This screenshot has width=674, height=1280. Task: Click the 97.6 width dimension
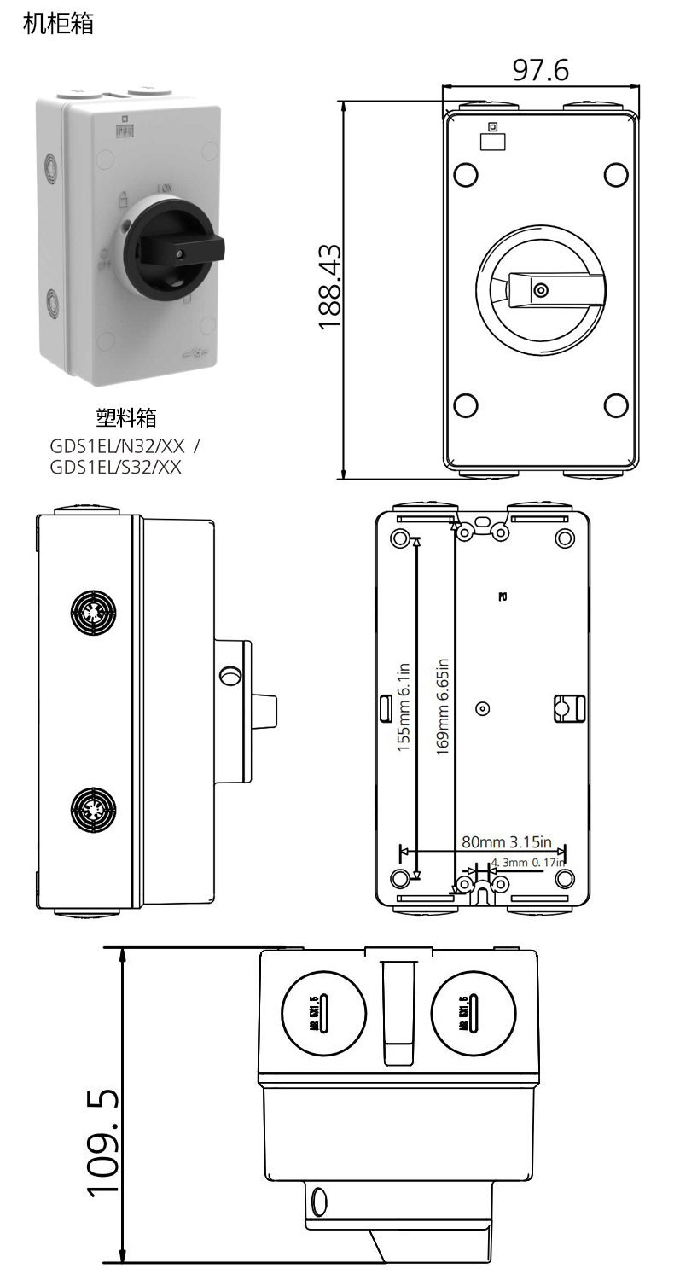point(540,70)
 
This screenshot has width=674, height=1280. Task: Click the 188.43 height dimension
point(329,288)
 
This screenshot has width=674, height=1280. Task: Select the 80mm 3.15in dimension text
point(507,841)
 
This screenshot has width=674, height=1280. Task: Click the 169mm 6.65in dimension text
point(441,707)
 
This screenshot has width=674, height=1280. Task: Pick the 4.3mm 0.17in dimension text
point(528,863)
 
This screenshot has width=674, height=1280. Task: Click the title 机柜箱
point(58,24)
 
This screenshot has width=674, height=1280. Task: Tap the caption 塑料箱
point(126,417)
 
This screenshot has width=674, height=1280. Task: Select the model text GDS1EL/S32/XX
point(116,468)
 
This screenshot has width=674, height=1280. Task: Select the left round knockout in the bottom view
point(323,1014)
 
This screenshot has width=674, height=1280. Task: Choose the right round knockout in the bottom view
point(474,1014)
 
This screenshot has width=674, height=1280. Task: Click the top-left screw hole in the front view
point(466,175)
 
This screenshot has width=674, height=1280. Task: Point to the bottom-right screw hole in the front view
point(616,405)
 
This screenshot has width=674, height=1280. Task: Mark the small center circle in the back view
point(482,708)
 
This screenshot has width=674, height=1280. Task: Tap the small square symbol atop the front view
point(492,127)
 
